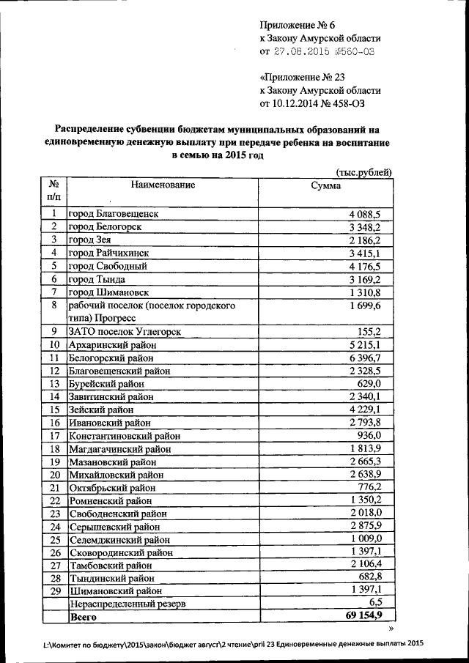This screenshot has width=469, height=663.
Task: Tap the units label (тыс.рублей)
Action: click(363, 172)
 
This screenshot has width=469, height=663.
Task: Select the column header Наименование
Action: click(163, 185)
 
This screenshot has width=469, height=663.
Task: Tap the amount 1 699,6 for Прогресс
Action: click(374, 305)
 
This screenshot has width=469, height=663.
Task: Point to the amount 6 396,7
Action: click(374, 358)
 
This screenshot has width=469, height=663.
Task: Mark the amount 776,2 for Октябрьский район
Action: click(379, 487)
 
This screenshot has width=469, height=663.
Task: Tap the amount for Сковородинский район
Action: click(374, 552)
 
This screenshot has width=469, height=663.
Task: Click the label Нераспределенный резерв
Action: click(128, 604)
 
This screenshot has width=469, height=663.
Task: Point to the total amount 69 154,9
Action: click(370, 616)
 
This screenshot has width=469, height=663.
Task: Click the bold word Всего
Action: click(83, 618)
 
